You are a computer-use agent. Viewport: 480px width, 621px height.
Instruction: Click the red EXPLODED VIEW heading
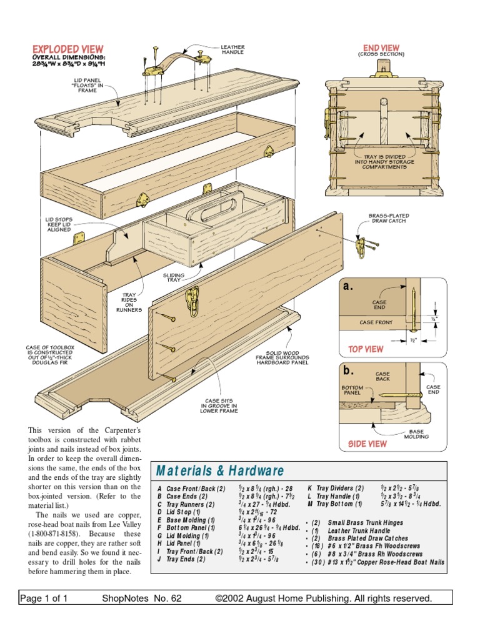(x=67, y=49)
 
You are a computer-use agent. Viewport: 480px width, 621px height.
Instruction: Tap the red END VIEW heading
(x=381, y=48)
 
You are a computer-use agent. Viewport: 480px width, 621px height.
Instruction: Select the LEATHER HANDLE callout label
(x=232, y=50)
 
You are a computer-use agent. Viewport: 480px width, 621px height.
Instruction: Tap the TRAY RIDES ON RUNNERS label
(x=129, y=302)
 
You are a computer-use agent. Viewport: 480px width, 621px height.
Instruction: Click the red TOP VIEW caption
(x=366, y=349)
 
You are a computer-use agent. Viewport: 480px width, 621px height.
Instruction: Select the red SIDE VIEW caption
(x=367, y=444)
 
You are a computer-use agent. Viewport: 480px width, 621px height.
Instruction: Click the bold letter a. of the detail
(x=348, y=287)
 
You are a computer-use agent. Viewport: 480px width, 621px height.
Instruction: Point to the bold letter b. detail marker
(x=348, y=370)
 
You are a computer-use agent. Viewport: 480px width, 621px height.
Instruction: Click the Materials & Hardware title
(x=220, y=471)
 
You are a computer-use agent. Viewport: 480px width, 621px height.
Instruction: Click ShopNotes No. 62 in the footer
(x=141, y=599)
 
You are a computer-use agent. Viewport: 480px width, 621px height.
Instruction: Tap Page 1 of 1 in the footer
(x=44, y=599)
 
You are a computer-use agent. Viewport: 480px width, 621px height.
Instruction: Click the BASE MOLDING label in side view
(x=416, y=434)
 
